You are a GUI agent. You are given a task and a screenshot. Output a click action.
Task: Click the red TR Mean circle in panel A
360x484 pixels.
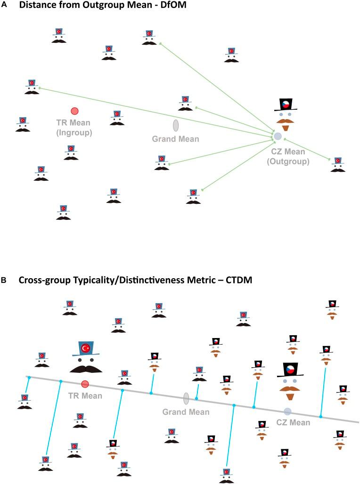pos(74,111)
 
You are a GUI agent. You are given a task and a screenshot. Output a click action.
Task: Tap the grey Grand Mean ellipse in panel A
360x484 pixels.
pos(176,125)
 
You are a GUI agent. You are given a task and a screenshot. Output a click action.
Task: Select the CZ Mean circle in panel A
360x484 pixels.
pos(278,136)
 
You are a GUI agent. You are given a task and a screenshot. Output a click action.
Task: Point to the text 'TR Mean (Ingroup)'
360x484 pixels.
pos(74,128)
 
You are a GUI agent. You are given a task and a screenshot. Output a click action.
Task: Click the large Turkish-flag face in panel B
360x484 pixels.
pos(86,356)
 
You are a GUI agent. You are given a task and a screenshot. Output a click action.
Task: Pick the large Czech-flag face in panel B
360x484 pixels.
pos(290,377)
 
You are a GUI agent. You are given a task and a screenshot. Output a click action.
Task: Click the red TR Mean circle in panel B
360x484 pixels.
pos(85,384)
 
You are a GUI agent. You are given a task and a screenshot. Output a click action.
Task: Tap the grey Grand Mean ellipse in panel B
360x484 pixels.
pos(186,398)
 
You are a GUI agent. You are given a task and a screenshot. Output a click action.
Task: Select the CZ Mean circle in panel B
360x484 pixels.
pos(287,411)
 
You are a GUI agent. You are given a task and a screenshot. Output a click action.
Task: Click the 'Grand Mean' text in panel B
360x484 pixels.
pos(186,412)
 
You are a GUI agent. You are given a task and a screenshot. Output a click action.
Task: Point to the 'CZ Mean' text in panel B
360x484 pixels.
pos(293,422)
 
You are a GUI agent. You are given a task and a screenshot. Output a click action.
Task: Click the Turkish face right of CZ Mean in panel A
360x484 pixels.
pos(337,164)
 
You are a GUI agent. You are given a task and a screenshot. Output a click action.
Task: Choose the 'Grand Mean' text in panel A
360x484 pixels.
pos(175,139)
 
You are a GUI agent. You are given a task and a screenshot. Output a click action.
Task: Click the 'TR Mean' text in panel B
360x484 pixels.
pos(85,396)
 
